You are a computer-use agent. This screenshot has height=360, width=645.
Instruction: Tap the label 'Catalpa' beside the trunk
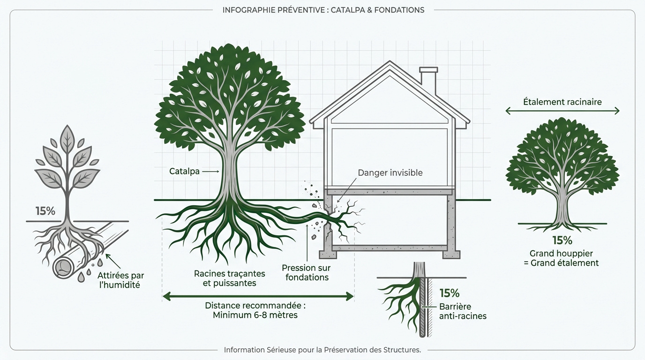184,172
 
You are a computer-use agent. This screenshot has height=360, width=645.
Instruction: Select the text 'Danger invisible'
390,173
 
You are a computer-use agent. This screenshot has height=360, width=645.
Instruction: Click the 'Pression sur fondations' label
306,272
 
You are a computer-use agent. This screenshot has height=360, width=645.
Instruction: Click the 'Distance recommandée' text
255,306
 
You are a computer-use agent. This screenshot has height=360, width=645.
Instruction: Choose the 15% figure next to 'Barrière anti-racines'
449,293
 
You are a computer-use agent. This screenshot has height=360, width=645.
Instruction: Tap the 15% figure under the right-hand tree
562,240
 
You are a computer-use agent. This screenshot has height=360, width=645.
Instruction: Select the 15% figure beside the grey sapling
45,211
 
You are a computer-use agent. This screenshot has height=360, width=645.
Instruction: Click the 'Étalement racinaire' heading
562,102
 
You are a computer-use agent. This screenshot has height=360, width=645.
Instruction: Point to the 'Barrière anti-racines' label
462,311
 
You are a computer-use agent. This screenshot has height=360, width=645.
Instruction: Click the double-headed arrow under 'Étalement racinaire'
562,111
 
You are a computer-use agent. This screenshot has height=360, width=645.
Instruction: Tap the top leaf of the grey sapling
67,136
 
